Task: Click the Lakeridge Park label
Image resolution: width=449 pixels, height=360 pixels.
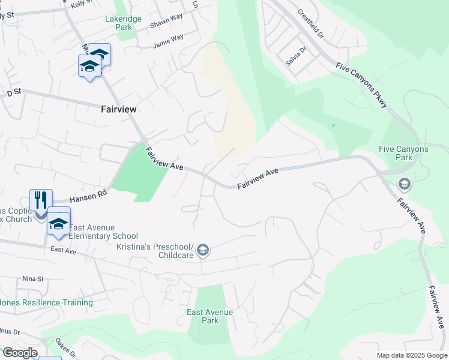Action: tap(123, 23)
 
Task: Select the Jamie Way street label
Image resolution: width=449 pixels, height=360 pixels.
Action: tap(168, 41)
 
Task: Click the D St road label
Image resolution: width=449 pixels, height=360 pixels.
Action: tap(13, 92)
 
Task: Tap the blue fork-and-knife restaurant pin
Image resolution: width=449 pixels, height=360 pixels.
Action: tap(41, 200)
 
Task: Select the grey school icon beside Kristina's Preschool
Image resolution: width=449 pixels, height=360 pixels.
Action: tap(203, 250)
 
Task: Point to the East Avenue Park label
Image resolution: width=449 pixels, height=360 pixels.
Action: tap(209, 316)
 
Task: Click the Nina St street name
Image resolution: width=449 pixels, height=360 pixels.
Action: tap(33, 279)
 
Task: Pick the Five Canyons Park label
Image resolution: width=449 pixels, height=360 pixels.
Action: tap(403, 153)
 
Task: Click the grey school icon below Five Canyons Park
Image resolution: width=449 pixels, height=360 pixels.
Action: tap(404, 184)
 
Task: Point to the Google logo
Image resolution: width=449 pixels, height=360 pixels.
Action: tap(19, 353)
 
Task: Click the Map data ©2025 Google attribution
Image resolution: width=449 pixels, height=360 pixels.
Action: tap(412, 355)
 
